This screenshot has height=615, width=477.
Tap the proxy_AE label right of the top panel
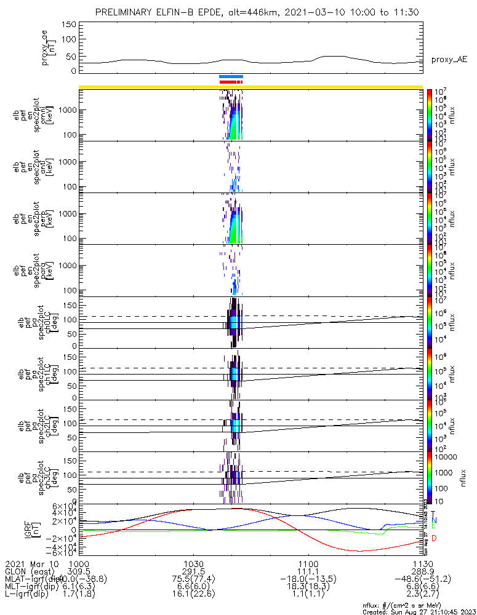(x=449, y=59)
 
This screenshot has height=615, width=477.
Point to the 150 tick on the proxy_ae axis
(x=69, y=24)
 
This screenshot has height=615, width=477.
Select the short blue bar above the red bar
(x=231, y=76)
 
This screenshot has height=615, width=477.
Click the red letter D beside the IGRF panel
(x=434, y=539)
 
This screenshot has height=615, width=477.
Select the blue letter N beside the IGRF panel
(x=434, y=520)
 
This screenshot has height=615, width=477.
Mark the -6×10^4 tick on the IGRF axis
(x=62, y=553)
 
